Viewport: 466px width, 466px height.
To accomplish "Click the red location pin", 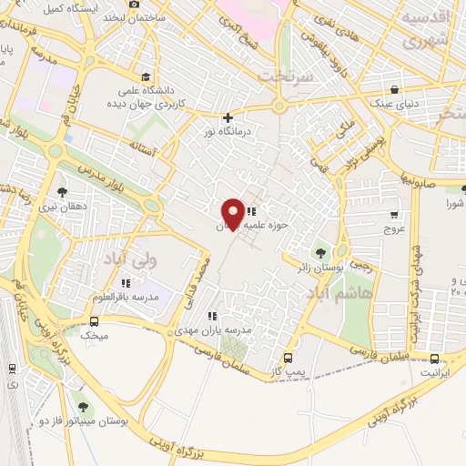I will pyautogui.click(x=233, y=213).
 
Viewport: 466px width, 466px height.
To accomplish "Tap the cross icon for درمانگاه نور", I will pyautogui.click(x=228, y=117).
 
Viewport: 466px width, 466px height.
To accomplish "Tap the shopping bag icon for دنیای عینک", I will pyautogui.click(x=393, y=89).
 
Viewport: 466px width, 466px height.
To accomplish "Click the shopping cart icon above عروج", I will pyautogui.click(x=393, y=216).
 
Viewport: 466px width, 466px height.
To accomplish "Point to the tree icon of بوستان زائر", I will pyautogui.click(x=319, y=252).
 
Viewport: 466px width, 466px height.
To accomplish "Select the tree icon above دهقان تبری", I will pyautogui.click(x=62, y=191).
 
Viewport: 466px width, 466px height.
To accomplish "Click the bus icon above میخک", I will pyautogui.click(x=94, y=321).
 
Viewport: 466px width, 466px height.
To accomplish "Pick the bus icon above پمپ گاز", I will pyautogui.click(x=289, y=357).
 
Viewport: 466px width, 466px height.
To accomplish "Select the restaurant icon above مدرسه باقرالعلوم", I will pyautogui.click(x=126, y=282).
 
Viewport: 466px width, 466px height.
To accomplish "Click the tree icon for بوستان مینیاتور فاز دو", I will pyautogui.click(x=84, y=407).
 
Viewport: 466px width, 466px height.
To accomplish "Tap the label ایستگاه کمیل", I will pyautogui.click(x=65, y=8).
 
